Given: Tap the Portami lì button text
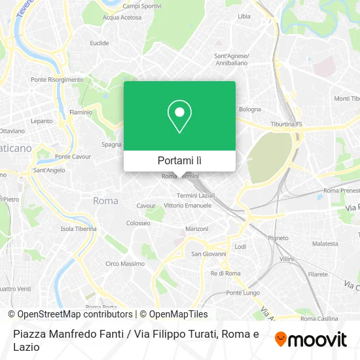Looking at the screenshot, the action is [179, 160].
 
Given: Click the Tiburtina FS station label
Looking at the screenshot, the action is [286, 124].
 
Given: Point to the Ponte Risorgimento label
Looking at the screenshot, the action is [57, 80].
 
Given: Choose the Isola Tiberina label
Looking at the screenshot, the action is [79, 229].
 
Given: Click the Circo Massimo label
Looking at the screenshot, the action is [125, 264].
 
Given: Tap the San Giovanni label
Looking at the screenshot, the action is [208, 254].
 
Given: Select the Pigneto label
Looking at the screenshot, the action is [278, 238].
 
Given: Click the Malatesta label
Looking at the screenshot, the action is [325, 243].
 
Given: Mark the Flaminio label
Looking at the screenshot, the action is [81, 113].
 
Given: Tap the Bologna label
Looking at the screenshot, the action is [249, 109].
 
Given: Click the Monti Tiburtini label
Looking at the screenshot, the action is [346, 99].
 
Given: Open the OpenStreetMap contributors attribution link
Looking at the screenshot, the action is [70, 314].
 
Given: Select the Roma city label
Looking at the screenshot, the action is [105, 201].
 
